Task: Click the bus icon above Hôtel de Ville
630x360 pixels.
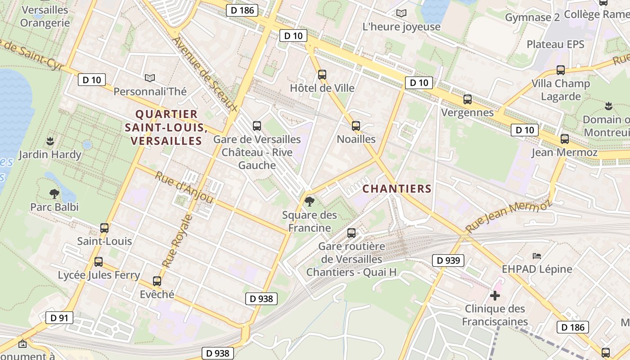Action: pyautogui.click(x=322, y=75)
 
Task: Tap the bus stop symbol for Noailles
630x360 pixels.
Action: pyautogui.click(x=356, y=126)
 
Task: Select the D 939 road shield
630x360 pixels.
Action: pyautogui.click(x=448, y=260)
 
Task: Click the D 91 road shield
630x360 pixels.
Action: pyautogui.click(x=59, y=318)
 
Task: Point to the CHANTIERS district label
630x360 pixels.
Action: pyautogui.click(x=397, y=189)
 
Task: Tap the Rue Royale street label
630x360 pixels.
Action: pyautogui.click(x=177, y=241)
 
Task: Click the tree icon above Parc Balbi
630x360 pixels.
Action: pyautogui.click(x=54, y=194)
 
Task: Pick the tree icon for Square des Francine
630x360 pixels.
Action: pyautogui.click(x=309, y=201)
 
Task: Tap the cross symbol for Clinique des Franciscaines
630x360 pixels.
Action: pyautogui.click(x=495, y=296)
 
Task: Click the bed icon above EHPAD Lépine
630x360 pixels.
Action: pyautogui.click(x=537, y=256)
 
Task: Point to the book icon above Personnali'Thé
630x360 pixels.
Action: pyautogui.click(x=150, y=78)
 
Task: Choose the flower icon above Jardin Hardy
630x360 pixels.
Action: pyautogui.click(x=50, y=141)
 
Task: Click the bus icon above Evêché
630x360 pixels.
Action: pyautogui.click(x=157, y=281)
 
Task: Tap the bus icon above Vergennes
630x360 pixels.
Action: pyautogui.click(x=468, y=99)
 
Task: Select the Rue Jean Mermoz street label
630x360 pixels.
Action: pyautogui.click(x=508, y=216)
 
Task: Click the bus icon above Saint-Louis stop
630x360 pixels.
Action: pyautogui.click(x=104, y=228)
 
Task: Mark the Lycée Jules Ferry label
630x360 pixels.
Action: pyautogui.click(x=99, y=275)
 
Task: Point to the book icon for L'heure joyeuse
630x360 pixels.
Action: pyautogui.click(x=401, y=13)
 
